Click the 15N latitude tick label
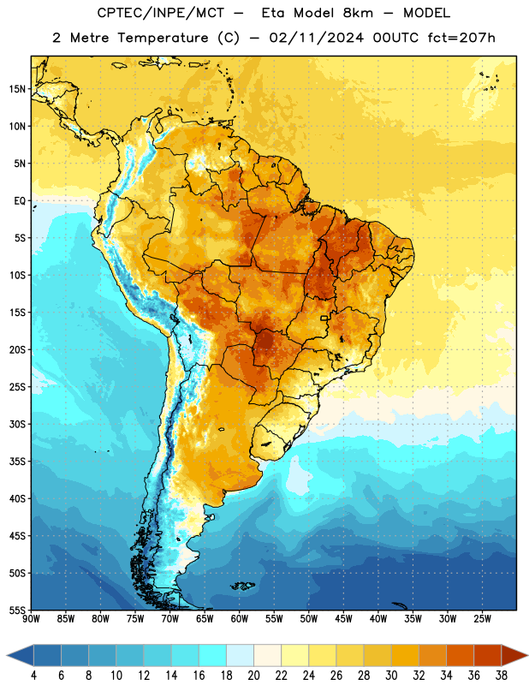point(17,89)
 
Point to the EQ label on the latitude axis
point(20,201)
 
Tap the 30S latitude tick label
point(17,424)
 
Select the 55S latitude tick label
point(17,611)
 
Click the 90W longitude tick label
point(31,619)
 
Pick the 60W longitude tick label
point(240,619)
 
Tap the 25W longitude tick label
point(482,619)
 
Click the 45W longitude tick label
point(343,619)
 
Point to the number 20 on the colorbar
point(253,676)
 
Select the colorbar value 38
point(502,676)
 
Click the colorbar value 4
point(33,676)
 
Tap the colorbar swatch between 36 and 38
point(488,656)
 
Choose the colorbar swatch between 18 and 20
point(240,656)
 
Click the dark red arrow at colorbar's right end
point(514,656)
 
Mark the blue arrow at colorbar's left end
point(21,656)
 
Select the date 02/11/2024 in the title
point(316,38)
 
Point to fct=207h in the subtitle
point(461,38)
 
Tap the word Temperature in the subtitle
point(163,38)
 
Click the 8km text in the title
point(358,13)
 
